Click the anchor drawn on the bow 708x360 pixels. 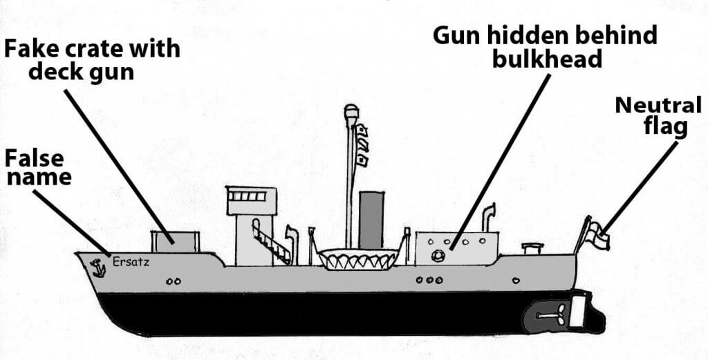click(x=97, y=268)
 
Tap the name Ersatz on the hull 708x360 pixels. click(x=131, y=262)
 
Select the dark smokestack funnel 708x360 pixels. click(x=371, y=220)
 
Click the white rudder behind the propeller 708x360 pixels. click(x=577, y=311)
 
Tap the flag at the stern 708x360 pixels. click(x=598, y=234)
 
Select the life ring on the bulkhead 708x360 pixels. click(x=438, y=256)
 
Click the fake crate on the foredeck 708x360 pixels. click(x=175, y=242)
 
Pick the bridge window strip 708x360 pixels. click(x=247, y=196)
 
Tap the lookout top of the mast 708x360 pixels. click(x=351, y=111)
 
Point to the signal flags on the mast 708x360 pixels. click(x=362, y=145)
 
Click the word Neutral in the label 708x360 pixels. click(x=658, y=105)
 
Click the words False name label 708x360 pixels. click(x=39, y=167)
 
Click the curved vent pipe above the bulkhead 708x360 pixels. click(x=488, y=218)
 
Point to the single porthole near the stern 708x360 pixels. click(x=516, y=281)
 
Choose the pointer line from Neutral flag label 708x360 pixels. click(x=641, y=187)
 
